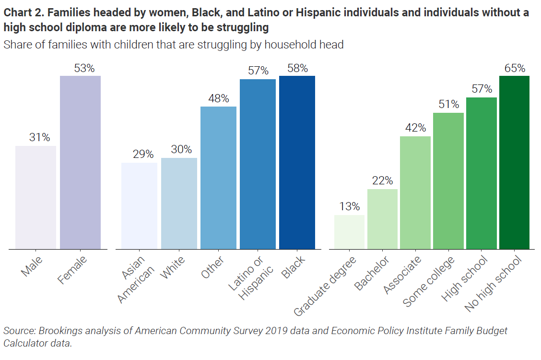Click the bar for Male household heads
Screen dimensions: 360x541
click(35, 197)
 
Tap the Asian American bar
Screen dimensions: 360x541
click(139, 206)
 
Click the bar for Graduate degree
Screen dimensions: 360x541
click(349, 232)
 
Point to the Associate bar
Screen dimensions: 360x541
click(415, 192)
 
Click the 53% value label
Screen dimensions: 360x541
click(85, 68)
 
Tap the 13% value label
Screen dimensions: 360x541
click(349, 207)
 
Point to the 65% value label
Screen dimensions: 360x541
click(515, 68)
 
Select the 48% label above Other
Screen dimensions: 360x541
click(219, 99)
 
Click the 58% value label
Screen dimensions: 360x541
click(297, 68)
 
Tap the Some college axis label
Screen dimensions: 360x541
click(429, 281)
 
